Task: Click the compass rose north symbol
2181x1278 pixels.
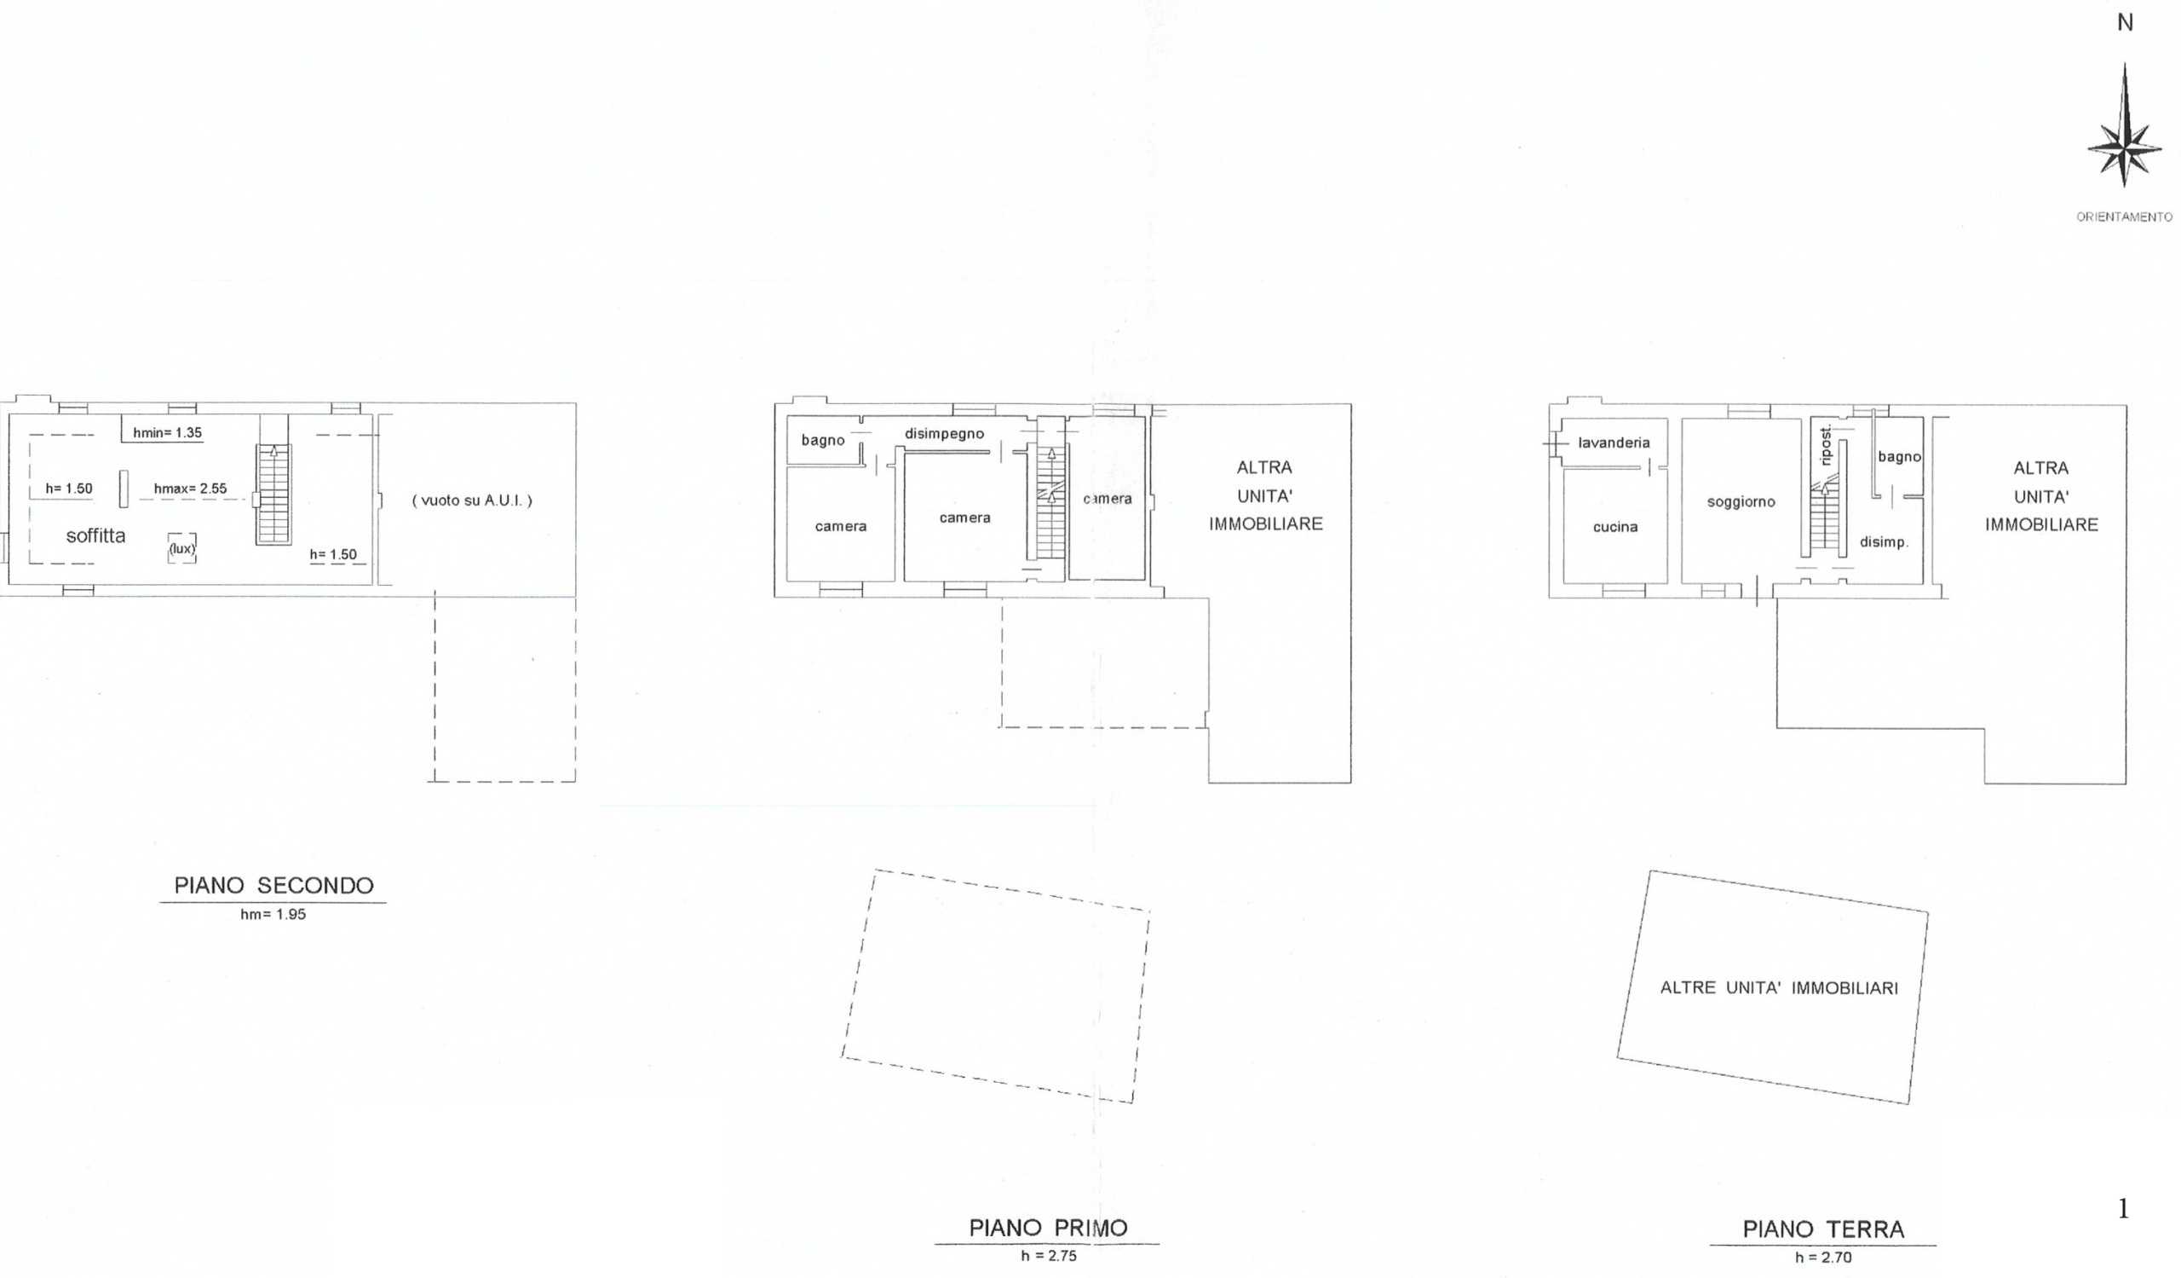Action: [2124, 125]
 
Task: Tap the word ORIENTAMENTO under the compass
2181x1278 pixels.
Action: [2124, 217]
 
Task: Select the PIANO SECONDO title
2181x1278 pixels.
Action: [273, 886]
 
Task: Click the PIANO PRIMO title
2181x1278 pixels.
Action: [1048, 1229]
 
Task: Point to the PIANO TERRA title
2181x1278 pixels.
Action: [1823, 1229]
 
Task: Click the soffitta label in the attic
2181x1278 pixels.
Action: [96, 536]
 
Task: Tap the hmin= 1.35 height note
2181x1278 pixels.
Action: [167, 433]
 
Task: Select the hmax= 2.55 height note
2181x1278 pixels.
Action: [190, 489]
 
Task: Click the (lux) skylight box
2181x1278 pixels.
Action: [181, 548]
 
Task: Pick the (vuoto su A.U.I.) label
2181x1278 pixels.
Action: [472, 500]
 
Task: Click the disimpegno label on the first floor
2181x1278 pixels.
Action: [944, 434]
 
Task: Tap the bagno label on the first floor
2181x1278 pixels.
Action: [823, 440]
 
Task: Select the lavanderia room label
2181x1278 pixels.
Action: [1614, 442]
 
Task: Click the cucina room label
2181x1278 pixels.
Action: [1615, 526]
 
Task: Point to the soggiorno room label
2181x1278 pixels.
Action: [1741, 502]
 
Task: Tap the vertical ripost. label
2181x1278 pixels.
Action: [1826, 445]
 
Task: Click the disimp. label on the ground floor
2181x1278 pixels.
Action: [1885, 542]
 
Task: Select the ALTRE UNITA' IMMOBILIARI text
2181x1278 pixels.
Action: [1779, 988]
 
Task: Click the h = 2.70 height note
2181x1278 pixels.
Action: [1823, 1258]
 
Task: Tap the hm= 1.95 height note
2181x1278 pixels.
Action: [273, 914]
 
